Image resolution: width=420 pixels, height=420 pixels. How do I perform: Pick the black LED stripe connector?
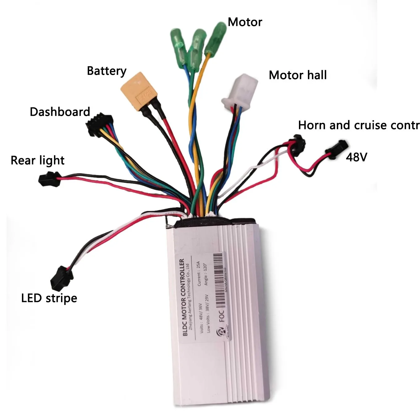(x=62, y=278)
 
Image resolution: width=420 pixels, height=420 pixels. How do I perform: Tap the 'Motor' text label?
(x=245, y=22)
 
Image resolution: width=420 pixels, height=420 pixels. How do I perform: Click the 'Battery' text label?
(x=107, y=71)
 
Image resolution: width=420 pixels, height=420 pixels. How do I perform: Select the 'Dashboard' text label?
(x=60, y=112)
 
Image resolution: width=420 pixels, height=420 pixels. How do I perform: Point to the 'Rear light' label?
(x=37, y=161)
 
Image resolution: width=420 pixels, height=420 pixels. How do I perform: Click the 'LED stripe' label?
(x=49, y=298)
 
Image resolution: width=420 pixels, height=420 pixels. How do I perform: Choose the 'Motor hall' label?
(x=298, y=75)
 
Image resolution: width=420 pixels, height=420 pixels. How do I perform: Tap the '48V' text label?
(x=356, y=157)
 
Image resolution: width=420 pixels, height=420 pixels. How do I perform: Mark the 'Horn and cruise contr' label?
(x=359, y=125)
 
